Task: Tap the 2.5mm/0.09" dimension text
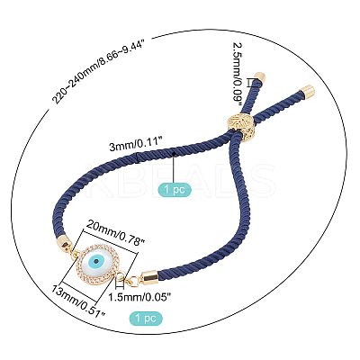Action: (x=238, y=74)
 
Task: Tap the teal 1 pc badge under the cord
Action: (x=175, y=190)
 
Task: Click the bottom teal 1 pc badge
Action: (x=146, y=319)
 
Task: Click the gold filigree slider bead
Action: (x=240, y=125)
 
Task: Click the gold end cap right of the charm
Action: (x=148, y=277)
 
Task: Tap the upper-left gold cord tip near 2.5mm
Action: (x=259, y=77)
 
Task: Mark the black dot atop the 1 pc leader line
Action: (x=175, y=153)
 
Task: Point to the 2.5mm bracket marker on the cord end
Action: (x=250, y=83)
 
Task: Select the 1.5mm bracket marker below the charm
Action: (x=120, y=283)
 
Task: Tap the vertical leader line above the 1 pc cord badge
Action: (x=175, y=168)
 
